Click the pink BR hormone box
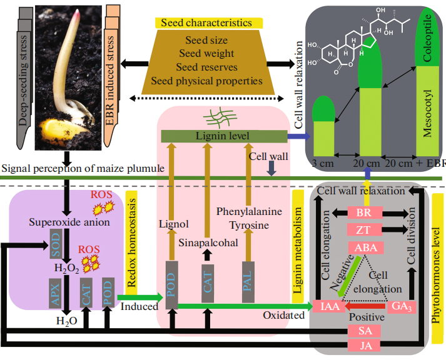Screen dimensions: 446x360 coord(365,212)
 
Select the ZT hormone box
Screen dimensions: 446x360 coord(365,229)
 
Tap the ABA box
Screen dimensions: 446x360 coord(366,247)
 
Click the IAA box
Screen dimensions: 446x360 coord(330,306)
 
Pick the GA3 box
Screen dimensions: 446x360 coord(402,307)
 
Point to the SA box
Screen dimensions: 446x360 coord(365,331)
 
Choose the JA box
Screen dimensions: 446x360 coord(365,346)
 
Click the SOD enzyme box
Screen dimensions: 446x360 coord(56,244)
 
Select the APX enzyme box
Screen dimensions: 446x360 coord(55,293)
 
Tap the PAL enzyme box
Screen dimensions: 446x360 coord(248,282)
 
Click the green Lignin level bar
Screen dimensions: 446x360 coord(224,136)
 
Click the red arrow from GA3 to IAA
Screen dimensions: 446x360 coord(365,306)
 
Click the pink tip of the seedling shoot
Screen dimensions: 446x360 coord(76,14)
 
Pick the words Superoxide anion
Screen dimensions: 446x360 coord(69,222)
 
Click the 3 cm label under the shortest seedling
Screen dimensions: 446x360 coord(323,163)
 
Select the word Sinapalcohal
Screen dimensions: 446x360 coord(208,242)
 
